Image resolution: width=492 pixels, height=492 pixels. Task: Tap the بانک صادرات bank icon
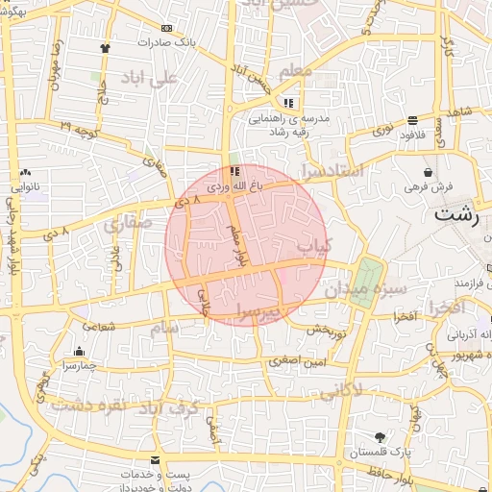coord(169,29)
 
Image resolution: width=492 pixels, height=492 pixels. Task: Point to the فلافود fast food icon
coord(412,120)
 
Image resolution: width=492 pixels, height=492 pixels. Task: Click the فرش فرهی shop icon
coord(428,171)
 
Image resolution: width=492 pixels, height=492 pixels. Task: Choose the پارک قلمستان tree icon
coord(381,436)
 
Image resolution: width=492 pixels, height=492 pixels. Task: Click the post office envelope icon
coord(157,461)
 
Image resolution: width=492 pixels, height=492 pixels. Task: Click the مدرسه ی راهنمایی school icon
coord(287,103)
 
